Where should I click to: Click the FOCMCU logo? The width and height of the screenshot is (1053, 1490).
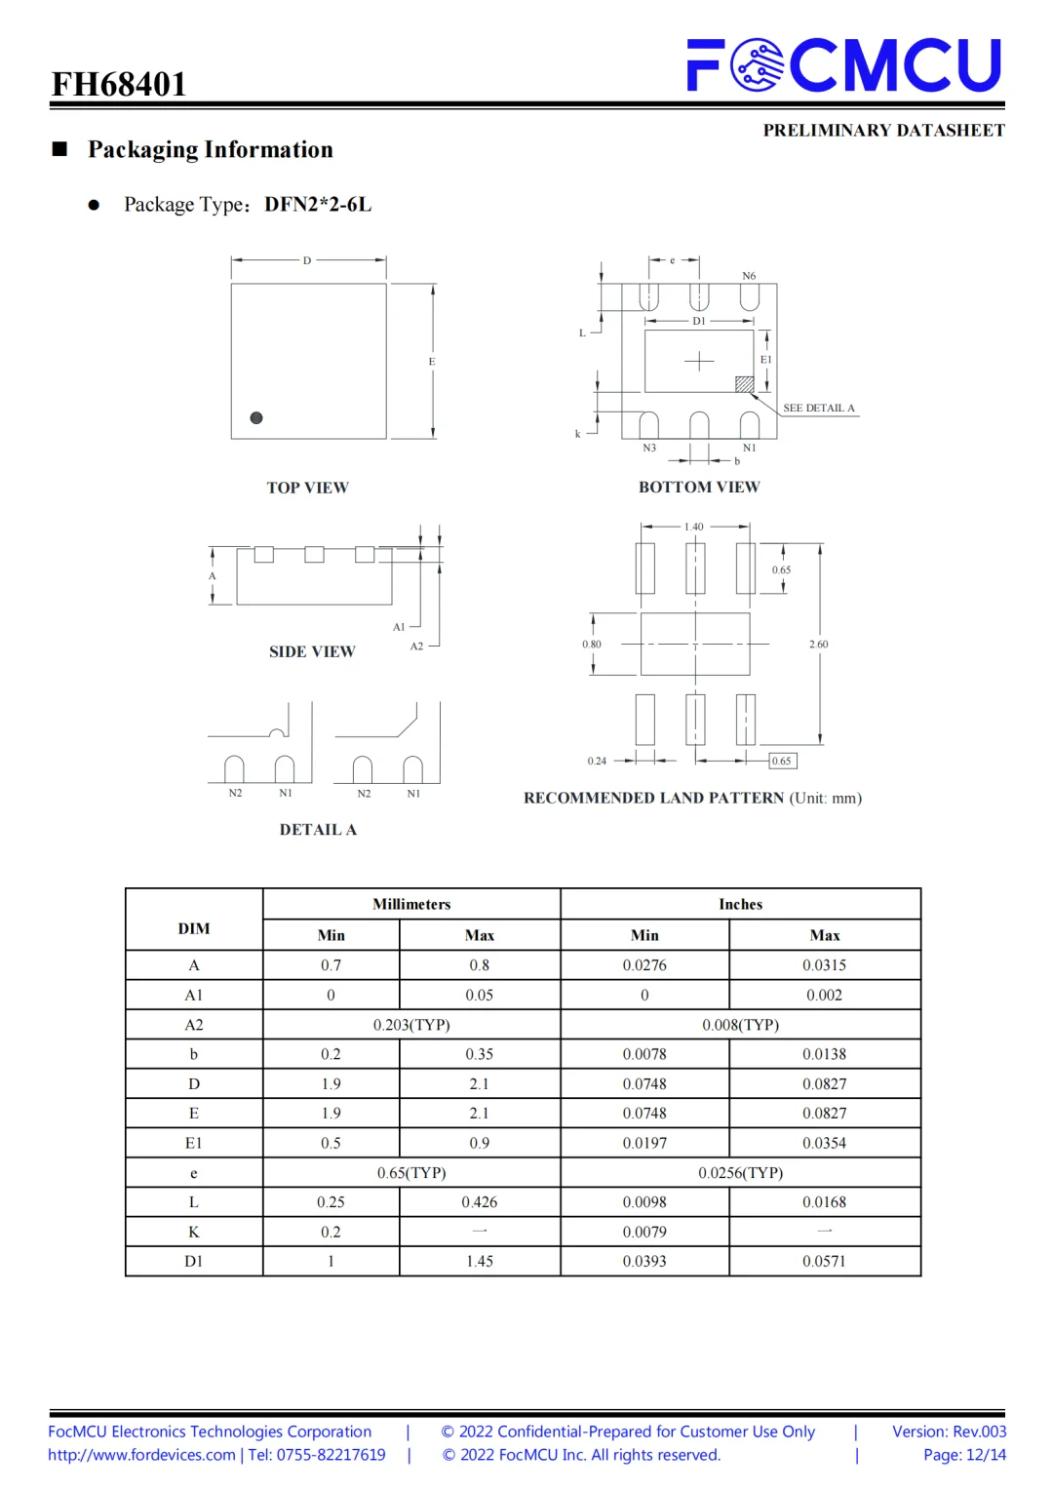click(844, 64)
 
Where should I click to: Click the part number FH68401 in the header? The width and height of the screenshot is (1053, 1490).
click(119, 85)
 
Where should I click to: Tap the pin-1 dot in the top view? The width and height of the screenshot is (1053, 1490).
click(256, 418)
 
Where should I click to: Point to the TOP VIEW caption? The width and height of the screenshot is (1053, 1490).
click(307, 488)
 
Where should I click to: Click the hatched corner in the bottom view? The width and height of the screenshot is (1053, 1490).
click(744, 384)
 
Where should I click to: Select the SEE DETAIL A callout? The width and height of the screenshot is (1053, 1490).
click(818, 409)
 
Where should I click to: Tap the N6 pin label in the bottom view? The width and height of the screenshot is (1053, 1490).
click(749, 276)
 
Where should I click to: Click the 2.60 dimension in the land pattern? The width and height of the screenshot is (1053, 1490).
click(818, 645)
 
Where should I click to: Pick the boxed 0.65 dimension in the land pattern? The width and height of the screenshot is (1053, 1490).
click(782, 761)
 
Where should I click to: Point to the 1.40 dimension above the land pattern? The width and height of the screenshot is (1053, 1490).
click(693, 527)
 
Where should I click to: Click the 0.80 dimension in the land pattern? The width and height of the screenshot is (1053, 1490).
click(592, 645)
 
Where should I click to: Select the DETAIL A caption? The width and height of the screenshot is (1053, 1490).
click(318, 830)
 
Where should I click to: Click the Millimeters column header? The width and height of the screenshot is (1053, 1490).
click(411, 904)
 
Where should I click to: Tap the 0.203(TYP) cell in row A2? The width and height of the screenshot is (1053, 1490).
click(411, 1025)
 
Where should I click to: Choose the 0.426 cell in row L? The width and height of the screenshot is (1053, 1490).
click(479, 1202)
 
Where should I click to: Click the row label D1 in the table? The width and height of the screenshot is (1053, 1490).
click(194, 1262)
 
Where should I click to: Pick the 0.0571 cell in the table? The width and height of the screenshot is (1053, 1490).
click(824, 1262)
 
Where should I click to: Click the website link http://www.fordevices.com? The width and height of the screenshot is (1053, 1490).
click(142, 1455)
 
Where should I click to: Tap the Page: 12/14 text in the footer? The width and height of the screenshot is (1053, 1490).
click(964, 1455)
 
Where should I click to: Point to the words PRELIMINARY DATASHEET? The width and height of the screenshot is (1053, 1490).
click(883, 131)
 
